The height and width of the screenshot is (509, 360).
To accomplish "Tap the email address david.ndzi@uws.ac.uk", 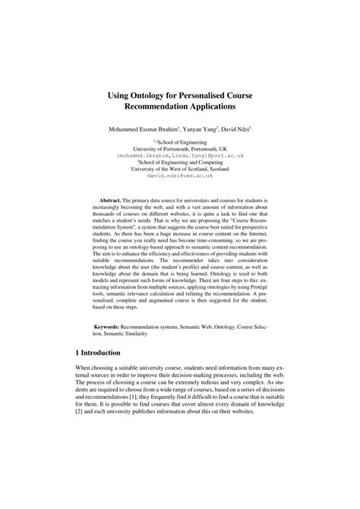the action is point(180,175).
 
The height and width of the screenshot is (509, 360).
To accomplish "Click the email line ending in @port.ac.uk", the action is point(180,155).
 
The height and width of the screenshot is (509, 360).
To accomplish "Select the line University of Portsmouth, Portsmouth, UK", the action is point(180,148).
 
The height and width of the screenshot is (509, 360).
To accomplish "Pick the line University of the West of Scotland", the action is point(180,169).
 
